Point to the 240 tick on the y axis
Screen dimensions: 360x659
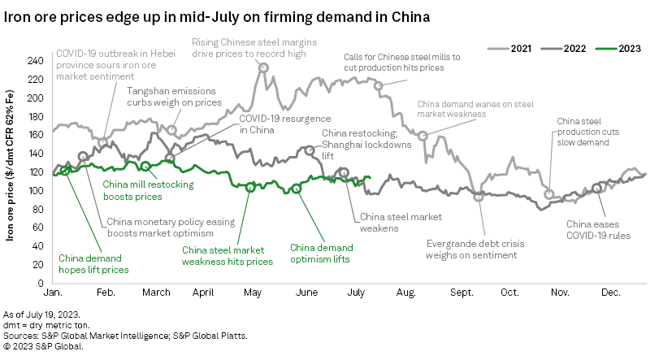pos(36,61)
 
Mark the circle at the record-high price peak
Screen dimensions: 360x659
pos(263,68)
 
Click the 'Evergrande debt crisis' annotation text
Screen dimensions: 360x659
pos(471,249)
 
